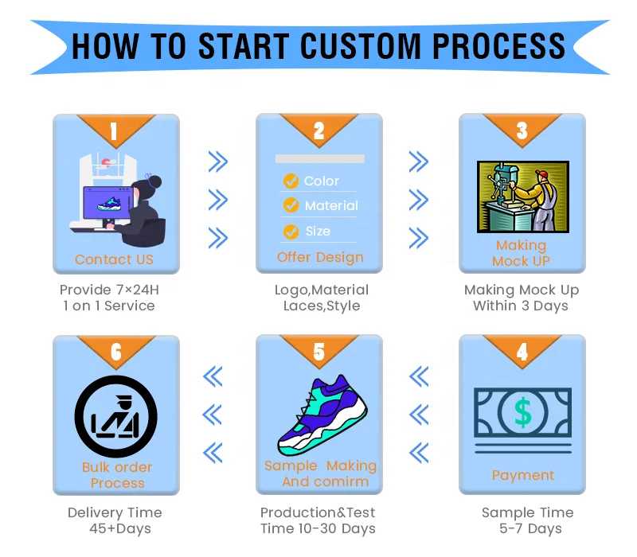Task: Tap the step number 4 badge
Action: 522,352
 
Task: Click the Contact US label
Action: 114,259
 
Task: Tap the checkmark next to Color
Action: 291,181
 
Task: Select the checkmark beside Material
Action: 291,206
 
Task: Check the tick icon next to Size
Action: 291,232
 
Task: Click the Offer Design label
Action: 320,257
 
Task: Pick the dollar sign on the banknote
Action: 522,412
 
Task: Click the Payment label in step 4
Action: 522,475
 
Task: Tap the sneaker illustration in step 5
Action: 322,414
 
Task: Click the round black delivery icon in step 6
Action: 115,415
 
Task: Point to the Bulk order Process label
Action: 117,475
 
